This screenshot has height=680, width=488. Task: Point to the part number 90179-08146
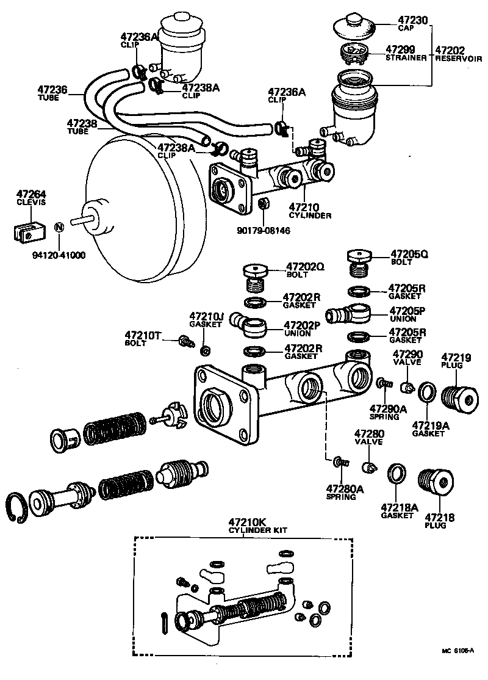point(263,231)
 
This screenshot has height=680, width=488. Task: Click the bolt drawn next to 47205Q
point(359,261)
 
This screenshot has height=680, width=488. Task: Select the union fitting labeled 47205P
point(350,315)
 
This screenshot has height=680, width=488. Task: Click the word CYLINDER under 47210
point(309,215)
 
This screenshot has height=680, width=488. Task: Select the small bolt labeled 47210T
point(185,342)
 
